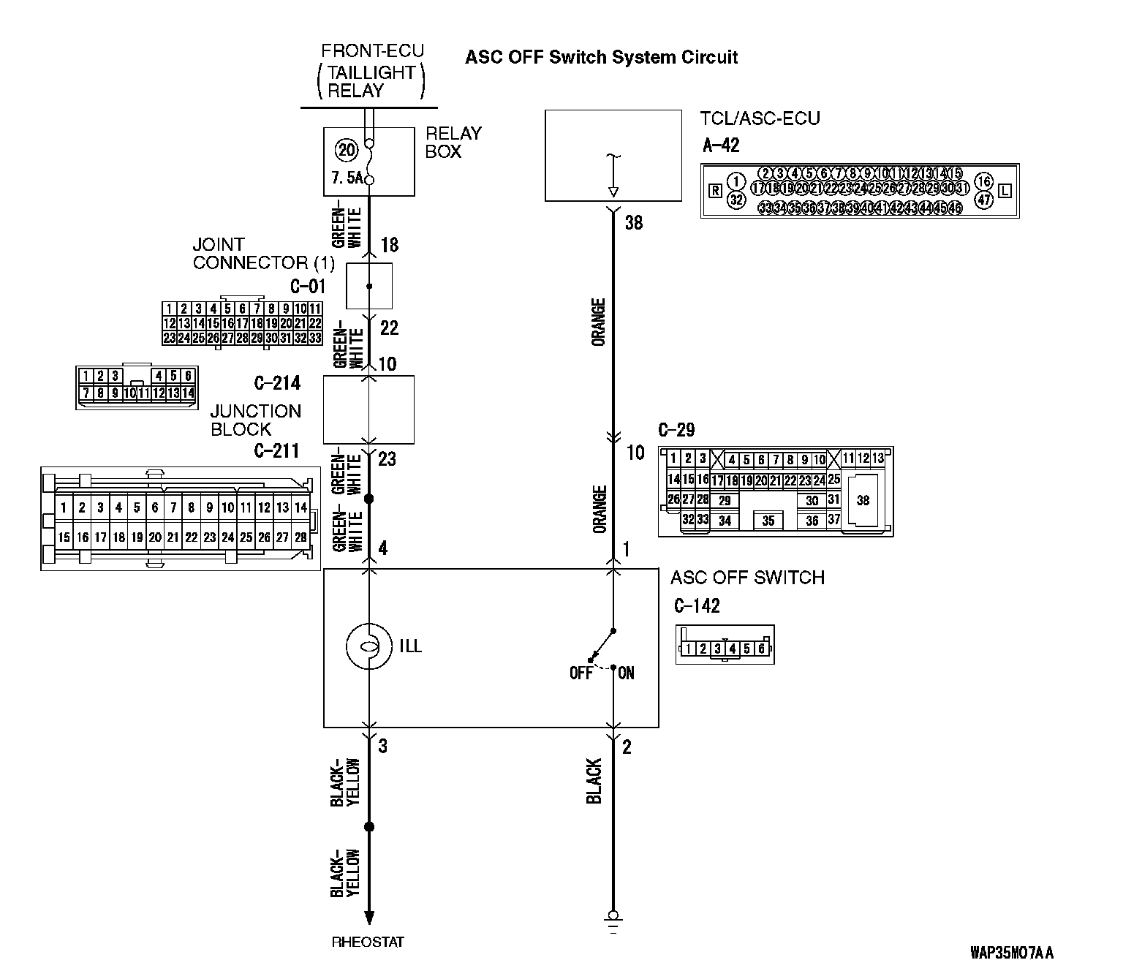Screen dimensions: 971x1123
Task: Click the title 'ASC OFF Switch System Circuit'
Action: tap(601, 57)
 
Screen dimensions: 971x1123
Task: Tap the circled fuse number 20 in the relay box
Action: tap(347, 151)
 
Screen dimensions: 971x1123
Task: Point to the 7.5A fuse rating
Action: tap(347, 178)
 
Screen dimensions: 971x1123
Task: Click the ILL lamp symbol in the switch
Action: tap(368, 646)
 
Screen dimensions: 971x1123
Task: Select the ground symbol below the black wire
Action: tap(613, 921)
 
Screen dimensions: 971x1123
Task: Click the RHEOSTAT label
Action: tap(368, 942)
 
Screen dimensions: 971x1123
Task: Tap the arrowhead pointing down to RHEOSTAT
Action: tap(369, 918)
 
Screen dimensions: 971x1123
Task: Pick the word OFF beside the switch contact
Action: tap(581, 673)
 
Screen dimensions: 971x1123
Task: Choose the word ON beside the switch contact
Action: tap(627, 673)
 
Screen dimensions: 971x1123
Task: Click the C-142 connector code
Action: tap(697, 606)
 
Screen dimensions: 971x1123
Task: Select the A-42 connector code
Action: tap(721, 145)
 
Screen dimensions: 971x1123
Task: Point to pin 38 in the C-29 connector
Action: tap(863, 500)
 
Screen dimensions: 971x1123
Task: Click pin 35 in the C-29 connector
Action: tap(768, 521)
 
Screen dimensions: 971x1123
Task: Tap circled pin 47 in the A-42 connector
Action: tap(984, 198)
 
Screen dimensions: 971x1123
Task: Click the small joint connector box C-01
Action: tap(368, 286)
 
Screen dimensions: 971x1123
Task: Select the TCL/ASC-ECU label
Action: tap(760, 118)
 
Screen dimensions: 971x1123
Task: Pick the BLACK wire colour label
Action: tap(594, 781)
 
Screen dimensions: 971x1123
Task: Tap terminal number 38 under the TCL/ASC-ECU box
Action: tap(634, 222)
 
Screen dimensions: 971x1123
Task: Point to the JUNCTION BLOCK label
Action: tap(255, 420)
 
